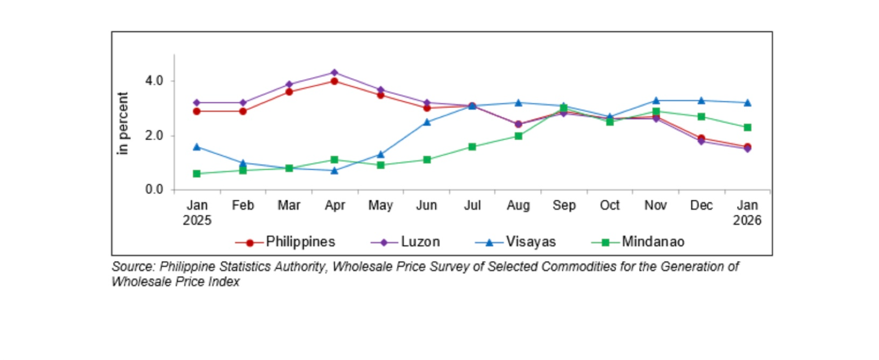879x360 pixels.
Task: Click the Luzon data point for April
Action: (x=334, y=73)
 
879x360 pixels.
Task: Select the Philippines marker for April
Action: (x=334, y=81)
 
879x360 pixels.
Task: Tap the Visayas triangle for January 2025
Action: (x=197, y=147)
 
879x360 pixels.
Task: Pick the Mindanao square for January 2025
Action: (x=197, y=174)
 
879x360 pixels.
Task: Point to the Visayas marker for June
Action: (x=426, y=122)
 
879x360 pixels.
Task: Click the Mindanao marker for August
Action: (x=518, y=136)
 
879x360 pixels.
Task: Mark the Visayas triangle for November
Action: (x=655, y=101)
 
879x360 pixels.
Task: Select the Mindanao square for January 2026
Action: (x=747, y=128)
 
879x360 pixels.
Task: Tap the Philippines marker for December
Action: (x=701, y=139)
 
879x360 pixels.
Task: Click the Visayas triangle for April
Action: (x=334, y=170)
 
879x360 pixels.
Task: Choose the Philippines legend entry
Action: (x=300, y=242)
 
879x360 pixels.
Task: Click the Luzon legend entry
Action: (x=420, y=242)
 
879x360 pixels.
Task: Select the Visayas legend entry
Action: (x=530, y=242)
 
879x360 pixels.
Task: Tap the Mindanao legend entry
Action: (x=653, y=242)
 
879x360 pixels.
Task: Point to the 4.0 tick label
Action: (x=154, y=81)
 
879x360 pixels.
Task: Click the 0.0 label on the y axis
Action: (x=154, y=190)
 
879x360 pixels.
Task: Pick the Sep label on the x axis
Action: (x=564, y=206)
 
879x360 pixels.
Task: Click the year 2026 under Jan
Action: (x=747, y=220)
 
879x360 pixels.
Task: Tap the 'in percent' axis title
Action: (x=123, y=123)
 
